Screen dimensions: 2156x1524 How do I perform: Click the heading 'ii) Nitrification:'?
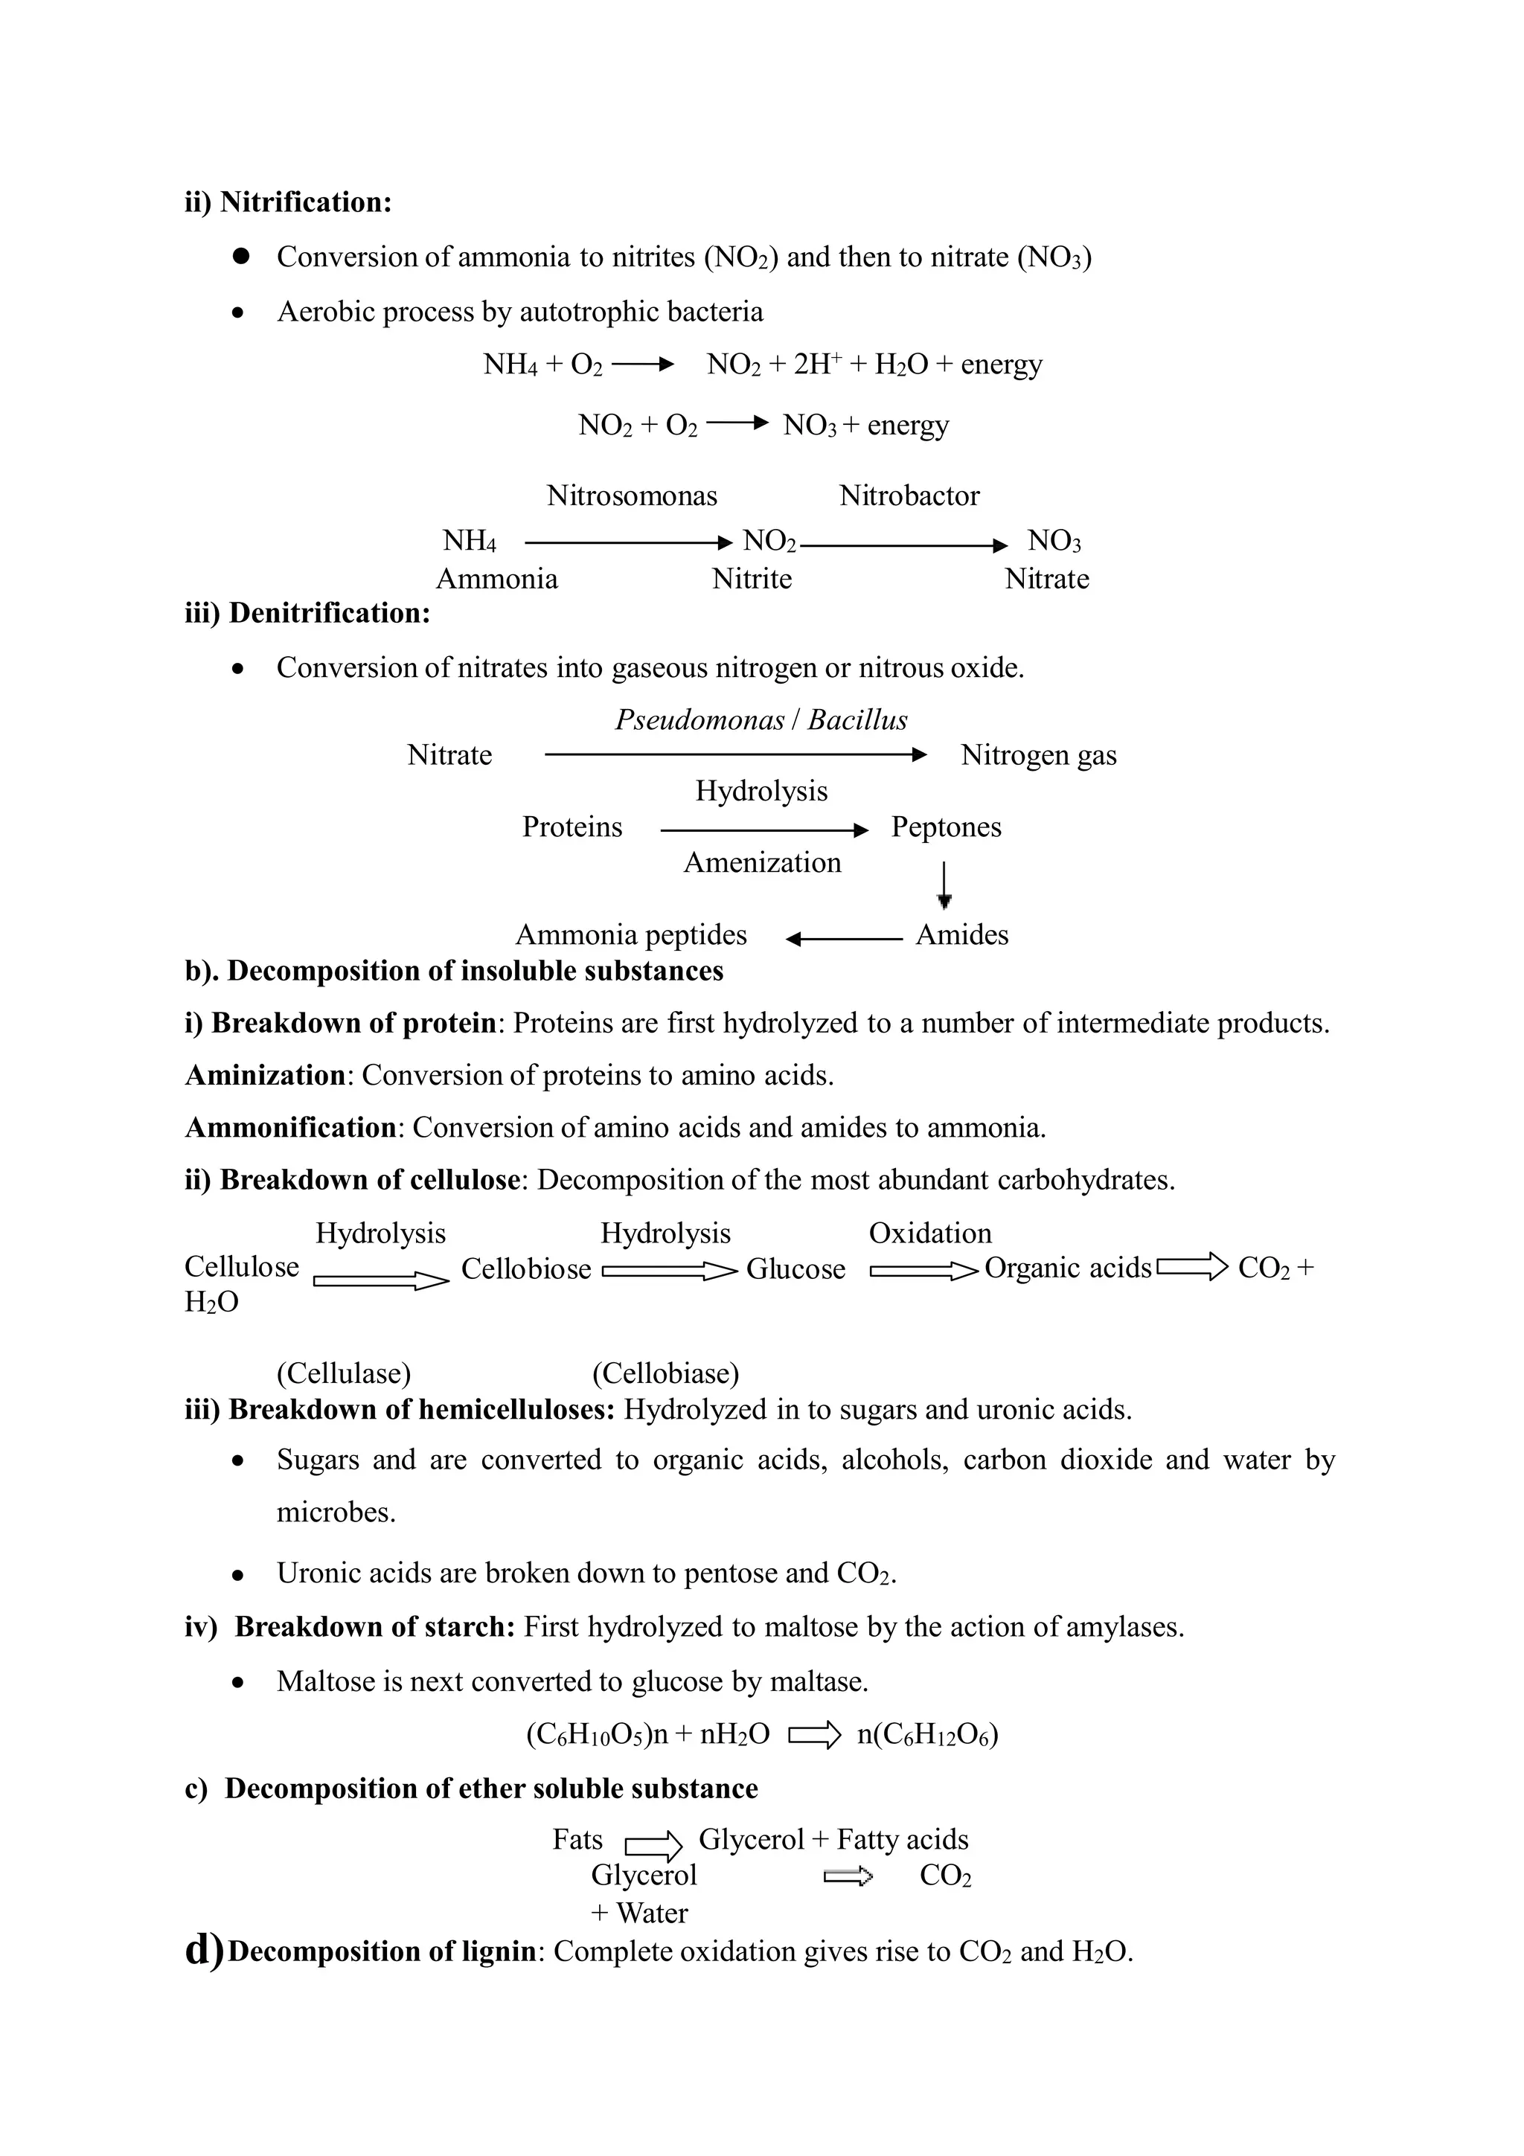[x=287, y=202]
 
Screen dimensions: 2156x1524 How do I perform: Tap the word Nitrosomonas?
[x=632, y=495]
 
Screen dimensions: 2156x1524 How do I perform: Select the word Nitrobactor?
[x=909, y=495]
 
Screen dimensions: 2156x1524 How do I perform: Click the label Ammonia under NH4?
[x=497, y=579]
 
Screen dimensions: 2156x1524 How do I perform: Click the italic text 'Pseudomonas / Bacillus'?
[x=761, y=720]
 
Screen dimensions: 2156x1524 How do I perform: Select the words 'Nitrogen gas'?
[x=1039, y=755]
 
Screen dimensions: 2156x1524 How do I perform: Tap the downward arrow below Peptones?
[x=946, y=885]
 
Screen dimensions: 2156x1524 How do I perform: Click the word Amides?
[x=961, y=935]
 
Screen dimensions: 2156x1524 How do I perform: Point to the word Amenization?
[x=761, y=862]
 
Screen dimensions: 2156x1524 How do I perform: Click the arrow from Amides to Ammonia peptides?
[x=843, y=938]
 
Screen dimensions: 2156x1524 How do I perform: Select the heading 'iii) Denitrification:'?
[x=307, y=613]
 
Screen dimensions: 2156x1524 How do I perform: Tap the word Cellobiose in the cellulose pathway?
[x=526, y=1269]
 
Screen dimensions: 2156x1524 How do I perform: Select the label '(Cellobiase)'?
[x=665, y=1374]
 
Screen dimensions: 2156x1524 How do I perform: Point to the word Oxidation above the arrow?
[x=929, y=1233]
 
